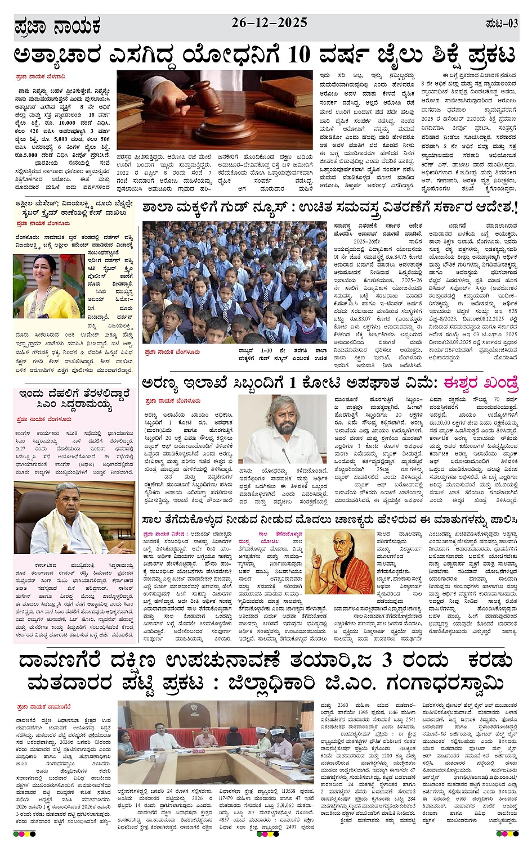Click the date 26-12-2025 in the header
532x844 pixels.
coord(269,22)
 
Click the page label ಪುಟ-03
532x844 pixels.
coord(501,23)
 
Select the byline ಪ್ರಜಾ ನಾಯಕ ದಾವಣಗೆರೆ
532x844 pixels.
coord(43,706)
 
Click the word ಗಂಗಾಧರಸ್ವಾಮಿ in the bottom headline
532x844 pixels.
coord(445,683)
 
